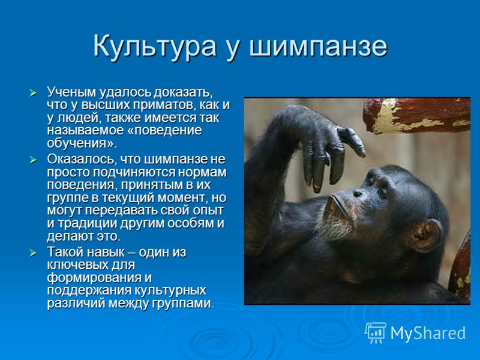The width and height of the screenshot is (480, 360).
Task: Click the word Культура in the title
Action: [155, 47]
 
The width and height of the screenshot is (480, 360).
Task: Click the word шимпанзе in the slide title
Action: [319, 47]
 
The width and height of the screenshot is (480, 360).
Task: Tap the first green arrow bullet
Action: [33, 93]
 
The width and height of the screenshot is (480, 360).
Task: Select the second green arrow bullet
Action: [33, 160]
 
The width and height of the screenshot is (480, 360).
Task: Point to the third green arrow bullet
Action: [33, 253]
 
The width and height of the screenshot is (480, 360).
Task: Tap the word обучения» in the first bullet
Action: [82, 143]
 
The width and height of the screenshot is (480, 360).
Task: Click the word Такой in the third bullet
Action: [65, 252]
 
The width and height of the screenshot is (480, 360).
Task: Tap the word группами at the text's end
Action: [182, 304]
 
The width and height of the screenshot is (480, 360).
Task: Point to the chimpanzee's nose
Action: [357, 193]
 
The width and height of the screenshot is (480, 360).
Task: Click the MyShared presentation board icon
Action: [376, 333]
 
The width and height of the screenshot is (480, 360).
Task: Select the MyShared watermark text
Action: [428, 333]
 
